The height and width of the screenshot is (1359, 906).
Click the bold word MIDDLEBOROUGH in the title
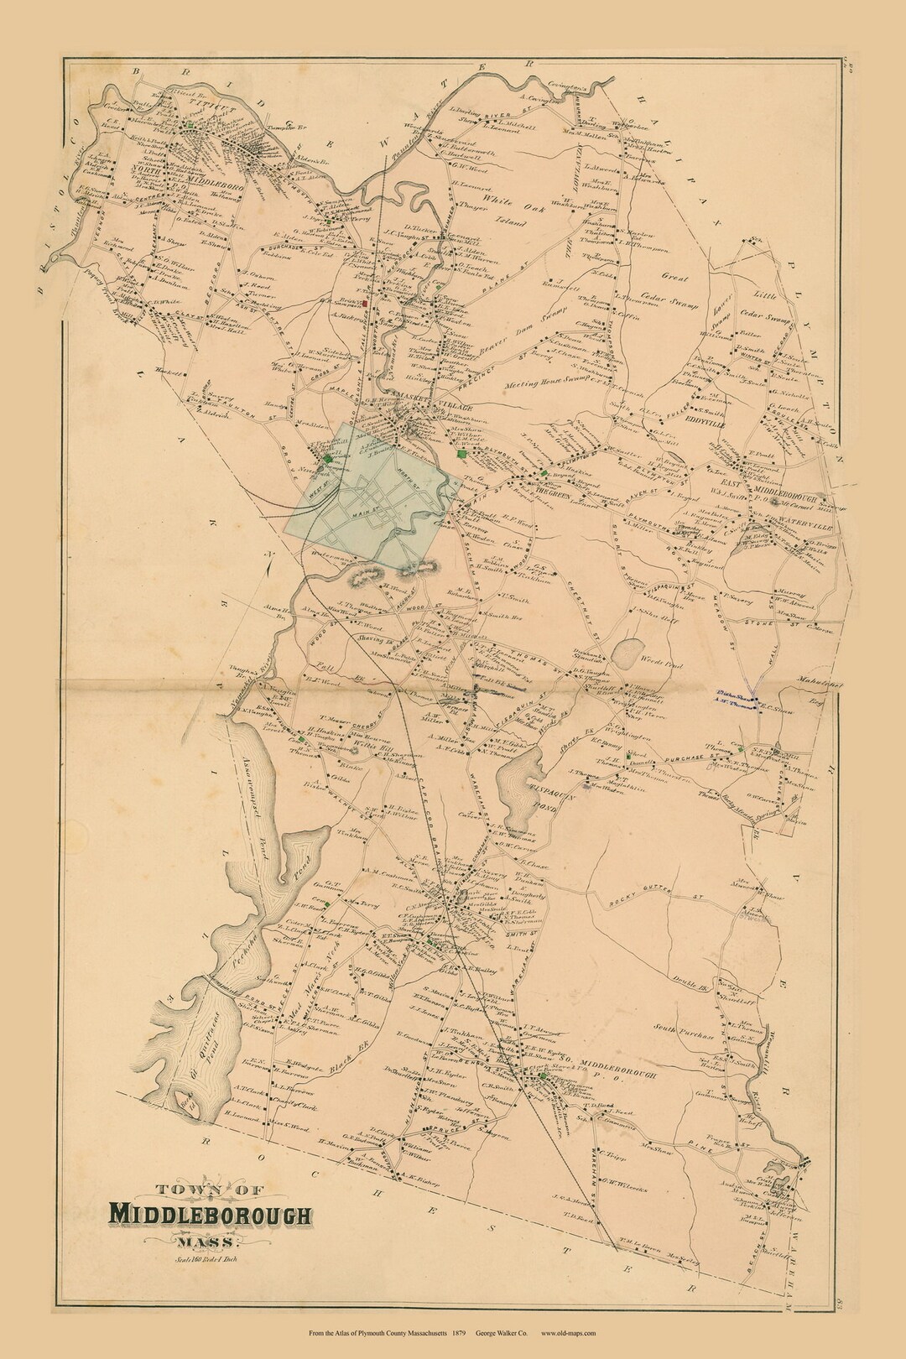pyautogui.click(x=210, y=1214)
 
